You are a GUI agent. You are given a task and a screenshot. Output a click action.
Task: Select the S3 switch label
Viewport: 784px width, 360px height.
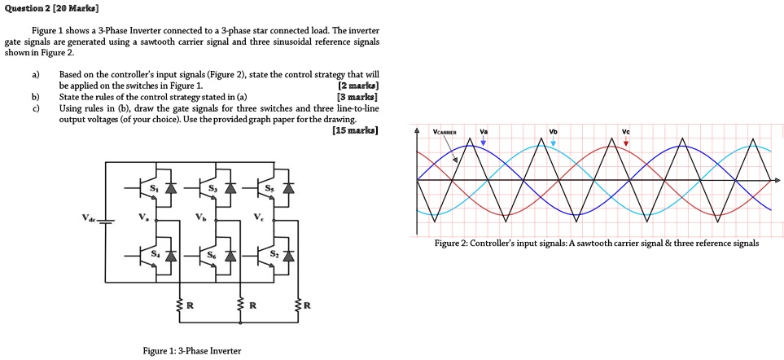click(x=213, y=188)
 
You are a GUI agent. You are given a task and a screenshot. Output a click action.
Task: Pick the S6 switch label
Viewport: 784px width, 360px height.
click(x=213, y=255)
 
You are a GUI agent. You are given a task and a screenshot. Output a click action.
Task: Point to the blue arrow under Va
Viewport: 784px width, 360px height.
click(x=484, y=142)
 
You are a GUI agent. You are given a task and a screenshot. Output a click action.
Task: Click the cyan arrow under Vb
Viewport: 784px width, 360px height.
click(x=553, y=142)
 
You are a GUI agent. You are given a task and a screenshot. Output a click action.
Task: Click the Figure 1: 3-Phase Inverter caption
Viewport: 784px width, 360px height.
click(x=191, y=351)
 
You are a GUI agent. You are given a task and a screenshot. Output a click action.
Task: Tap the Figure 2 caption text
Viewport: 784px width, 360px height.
click(x=585, y=243)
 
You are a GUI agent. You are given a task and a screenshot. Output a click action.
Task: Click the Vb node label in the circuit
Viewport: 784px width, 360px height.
click(x=202, y=217)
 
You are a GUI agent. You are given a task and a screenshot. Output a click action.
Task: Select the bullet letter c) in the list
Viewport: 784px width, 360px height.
click(x=35, y=108)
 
